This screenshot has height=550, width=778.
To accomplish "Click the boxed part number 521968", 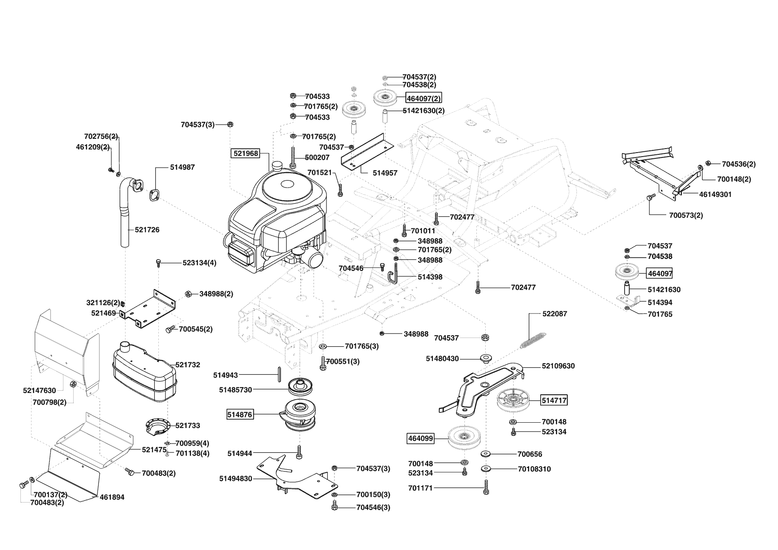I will click(x=245, y=153).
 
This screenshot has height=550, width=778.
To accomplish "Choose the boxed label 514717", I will click(x=554, y=401).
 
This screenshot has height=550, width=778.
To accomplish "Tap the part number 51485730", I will click(x=235, y=390).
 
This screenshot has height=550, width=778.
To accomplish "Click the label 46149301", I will click(x=715, y=194).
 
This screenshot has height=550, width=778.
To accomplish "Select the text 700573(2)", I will click(x=686, y=216).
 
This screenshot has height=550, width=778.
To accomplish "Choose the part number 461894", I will click(x=113, y=497).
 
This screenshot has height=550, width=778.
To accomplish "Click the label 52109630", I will click(x=558, y=366).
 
